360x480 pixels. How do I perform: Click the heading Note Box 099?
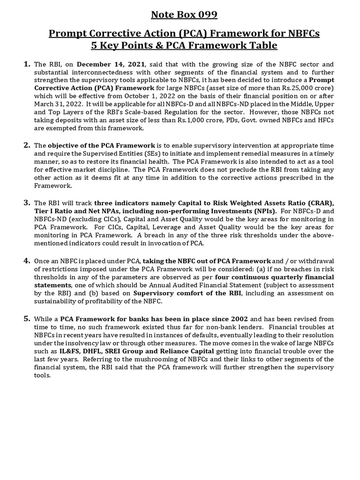click(184, 15)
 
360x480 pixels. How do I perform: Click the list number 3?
click(27, 202)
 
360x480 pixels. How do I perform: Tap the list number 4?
click(27, 260)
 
